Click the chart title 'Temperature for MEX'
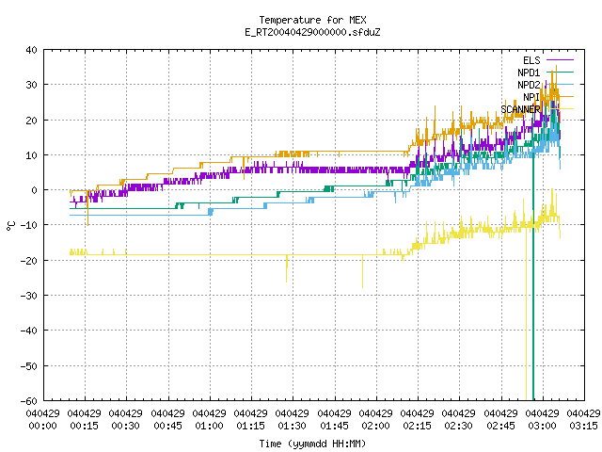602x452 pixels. pos(312,20)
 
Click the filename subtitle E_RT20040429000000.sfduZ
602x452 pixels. pos(312,32)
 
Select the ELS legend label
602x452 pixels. pos(531,60)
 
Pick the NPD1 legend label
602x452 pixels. pos(529,73)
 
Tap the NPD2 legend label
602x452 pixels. pos(529,85)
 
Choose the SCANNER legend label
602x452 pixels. pos(520,109)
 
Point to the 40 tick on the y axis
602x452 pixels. pos(31,50)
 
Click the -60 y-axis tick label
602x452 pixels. pos(29,401)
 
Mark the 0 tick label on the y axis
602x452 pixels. pos(35,190)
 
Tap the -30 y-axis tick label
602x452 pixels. pos(29,296)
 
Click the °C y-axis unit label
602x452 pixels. pos(10,226)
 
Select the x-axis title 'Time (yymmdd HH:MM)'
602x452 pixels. pos(312,444)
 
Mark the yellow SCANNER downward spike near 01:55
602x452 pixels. pos(362,271)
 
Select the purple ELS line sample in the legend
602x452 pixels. pos(561,60)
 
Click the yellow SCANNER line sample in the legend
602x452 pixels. pos(561,109)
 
